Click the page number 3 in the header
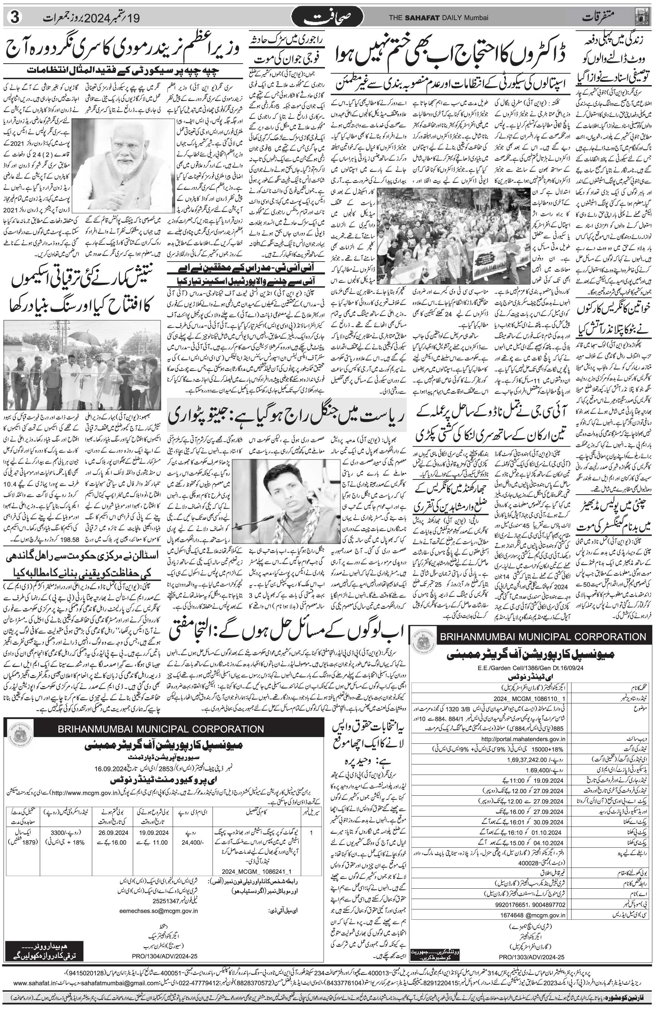coord(14,18)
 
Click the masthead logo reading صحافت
coord(327,18)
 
